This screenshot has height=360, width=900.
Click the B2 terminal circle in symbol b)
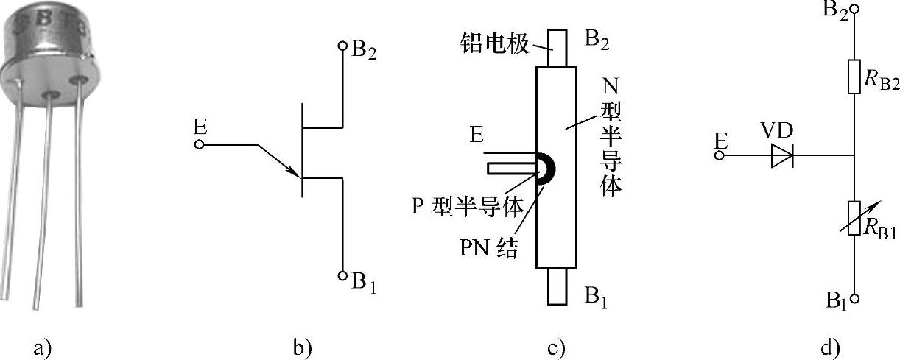tap(342, 46)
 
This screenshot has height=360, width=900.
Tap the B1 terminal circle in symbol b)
tap(342, 276)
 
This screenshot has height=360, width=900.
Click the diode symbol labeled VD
tap(782, 156)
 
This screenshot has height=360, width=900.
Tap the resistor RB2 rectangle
tap(854, 77)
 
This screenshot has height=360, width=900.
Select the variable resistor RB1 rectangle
tap(854, 218)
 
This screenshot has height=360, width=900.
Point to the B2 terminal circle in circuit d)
tap(854, 10)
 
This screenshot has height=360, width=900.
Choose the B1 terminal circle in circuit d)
tap(854, 300)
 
